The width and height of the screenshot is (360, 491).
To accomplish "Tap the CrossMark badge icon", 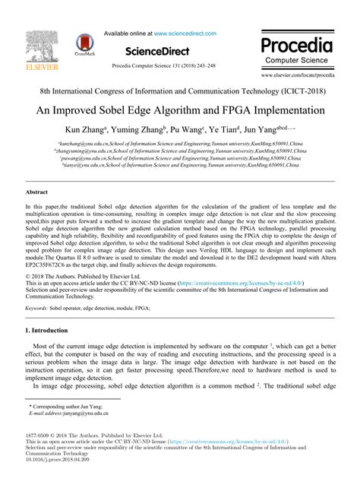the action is tap(85, 45).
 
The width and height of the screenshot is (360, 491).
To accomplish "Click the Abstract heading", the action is tap(37, 194).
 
